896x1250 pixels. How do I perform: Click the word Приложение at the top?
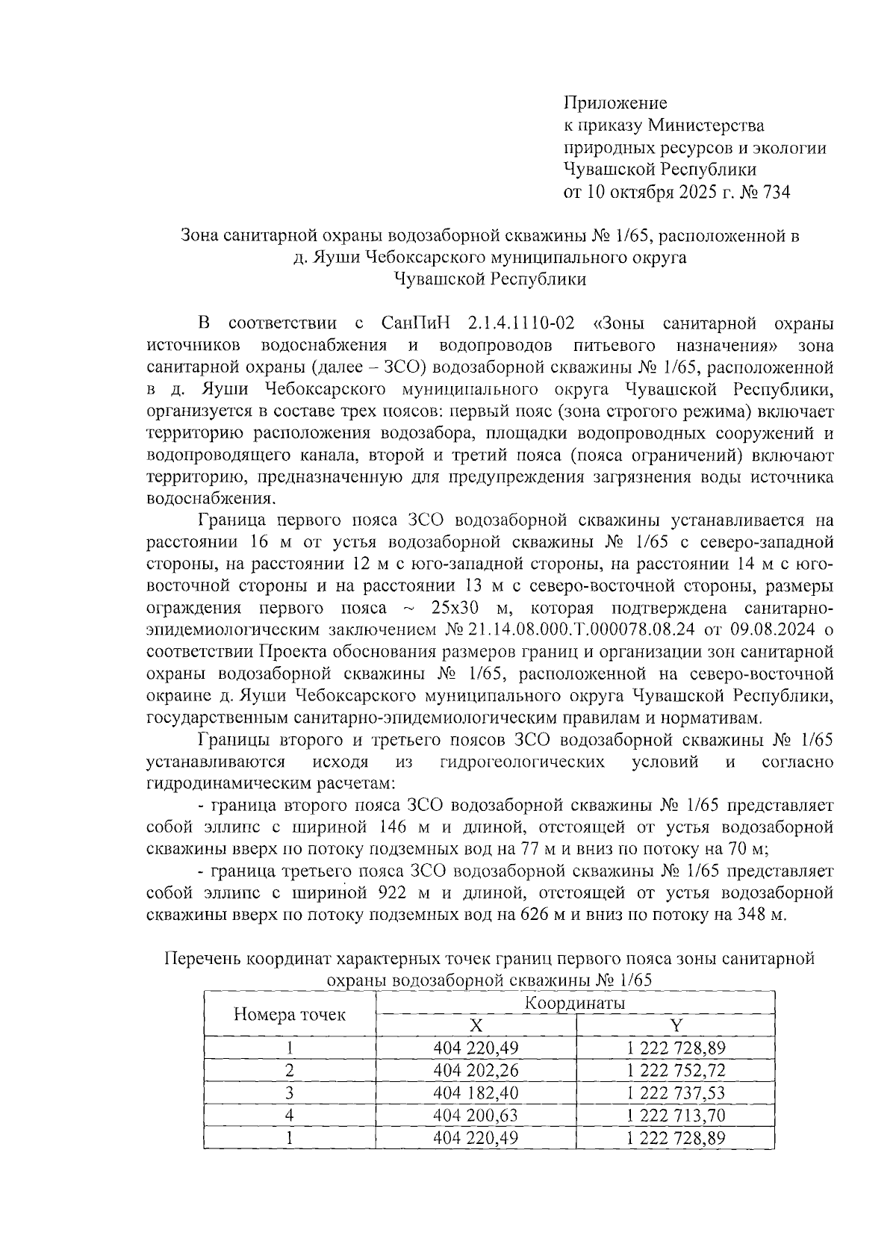pyautogui.click(x=615, y=103)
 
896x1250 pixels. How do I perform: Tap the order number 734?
pyautogui.click(x=773, y=193)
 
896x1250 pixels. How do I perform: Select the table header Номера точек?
pyautogui.click(x=290, y=1014)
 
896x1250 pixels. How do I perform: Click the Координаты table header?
pyautogui.click(x=575, y=1003)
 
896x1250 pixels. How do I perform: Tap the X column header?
pyautogui.click(x=476, y=1025)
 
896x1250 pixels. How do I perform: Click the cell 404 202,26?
pyautogui.click(x=476, y=1070)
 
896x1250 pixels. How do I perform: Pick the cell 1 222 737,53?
pyautogui.click(x=676, y=1092)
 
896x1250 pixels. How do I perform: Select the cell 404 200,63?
pyautogui.click(x=476, y=1115)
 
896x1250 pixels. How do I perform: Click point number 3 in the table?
pyautogui.click(x=289, y=1092)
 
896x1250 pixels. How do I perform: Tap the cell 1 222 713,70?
pyautogui.click(x=676, y=1115)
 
